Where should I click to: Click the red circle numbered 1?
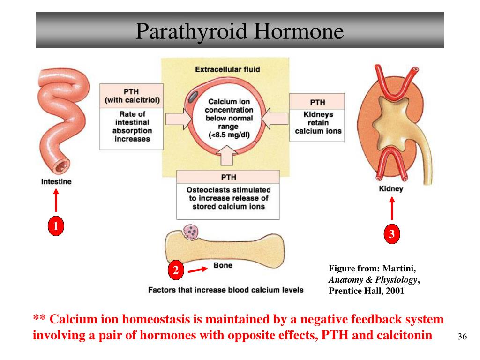pyautogui.click(x=55, y=226)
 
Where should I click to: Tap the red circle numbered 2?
pyautogui.click(x=176, y=270)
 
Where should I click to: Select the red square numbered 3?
pyautogui.click(x=392, y=234)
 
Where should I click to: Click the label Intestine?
pyautogui.click(x=56, y=181)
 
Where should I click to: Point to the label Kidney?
pyautogui.click(x=391, y=189)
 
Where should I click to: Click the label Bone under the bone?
pyautogui.click(x=223, y=265)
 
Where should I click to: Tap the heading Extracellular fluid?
pyautogui.click(x=227, y=69)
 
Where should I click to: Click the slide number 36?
pyautogui.click(x=462, y=337)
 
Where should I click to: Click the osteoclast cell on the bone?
pyautogui.click(x=192, y=232)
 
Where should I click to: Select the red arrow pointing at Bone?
pyautogui.click(x=197, y=270)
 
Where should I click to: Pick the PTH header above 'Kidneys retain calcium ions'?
pyautogui.click(x=317, y=102)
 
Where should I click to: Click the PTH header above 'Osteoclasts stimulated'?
pyautogui.click(x=228, y=177)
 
